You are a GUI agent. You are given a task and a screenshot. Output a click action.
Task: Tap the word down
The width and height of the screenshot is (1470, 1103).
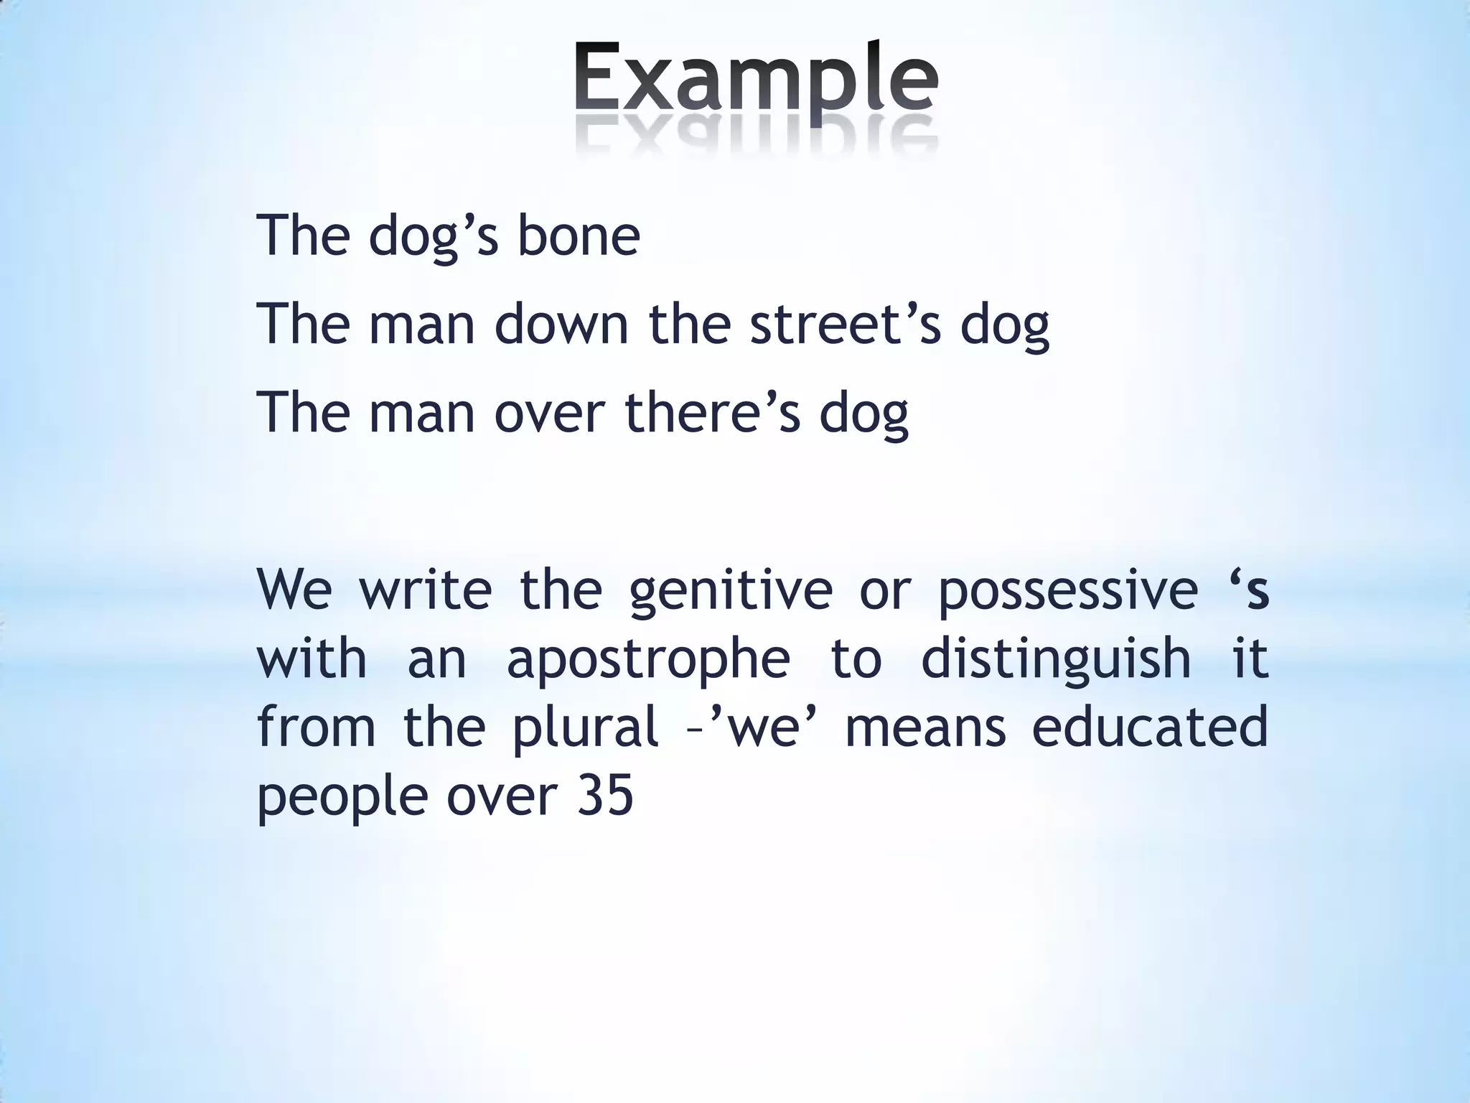tap(561, 324)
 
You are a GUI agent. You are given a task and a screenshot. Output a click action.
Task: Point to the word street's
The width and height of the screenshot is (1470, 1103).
tap(844, 324)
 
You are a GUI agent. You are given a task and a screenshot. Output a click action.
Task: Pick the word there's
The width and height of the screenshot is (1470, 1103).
tap(712, 412)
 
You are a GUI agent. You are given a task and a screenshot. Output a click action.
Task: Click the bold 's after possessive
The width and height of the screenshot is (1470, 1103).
tap(1249, 588)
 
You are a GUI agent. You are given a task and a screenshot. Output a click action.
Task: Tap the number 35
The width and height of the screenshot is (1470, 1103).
tap(604, 796)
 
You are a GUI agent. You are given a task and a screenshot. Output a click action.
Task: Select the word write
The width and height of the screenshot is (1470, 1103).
tap(425, 589)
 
